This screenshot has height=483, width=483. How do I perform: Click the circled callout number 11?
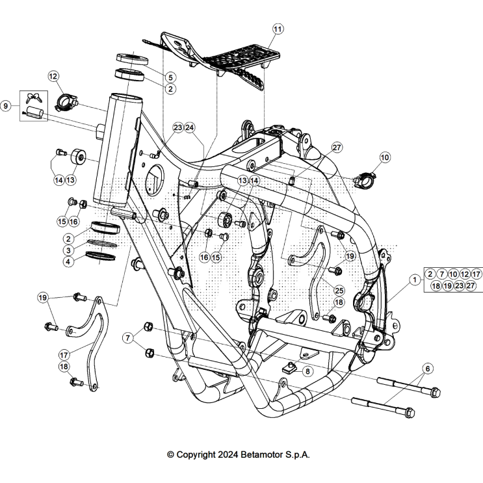(278, 29)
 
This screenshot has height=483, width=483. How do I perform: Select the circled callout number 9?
(7, 105)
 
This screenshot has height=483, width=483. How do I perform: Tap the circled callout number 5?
(170, 77)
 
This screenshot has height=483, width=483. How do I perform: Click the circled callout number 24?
(190, 127)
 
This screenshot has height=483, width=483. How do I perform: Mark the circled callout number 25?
(339, 289)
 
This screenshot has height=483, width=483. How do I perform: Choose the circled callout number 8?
(307, 371)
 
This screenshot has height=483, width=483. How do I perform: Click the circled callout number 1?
(414, 280)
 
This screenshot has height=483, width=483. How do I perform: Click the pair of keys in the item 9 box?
(34, 99)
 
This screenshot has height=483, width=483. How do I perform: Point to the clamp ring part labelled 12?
(66, 101)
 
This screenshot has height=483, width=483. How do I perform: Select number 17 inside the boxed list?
(476, 274)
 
